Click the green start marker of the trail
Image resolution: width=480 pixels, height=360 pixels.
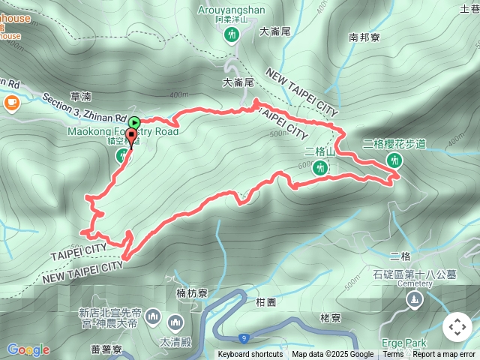[133, 122]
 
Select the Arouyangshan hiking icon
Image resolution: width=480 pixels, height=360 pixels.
[232, 34]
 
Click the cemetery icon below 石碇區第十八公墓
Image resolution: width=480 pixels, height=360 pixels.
[414, 300]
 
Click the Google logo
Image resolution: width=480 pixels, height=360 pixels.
[28, 349]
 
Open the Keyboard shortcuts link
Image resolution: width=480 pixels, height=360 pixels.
[250, 355]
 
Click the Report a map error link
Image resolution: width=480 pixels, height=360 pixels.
[445, 355]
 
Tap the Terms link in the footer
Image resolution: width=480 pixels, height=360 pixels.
[393, 355]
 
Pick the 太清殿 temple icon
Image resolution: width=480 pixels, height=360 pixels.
[176, 322]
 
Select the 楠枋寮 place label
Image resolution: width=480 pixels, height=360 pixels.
[191, 292]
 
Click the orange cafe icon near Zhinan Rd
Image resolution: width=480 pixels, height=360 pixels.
[11, 103]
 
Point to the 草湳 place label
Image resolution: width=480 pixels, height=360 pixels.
[80, 96]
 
